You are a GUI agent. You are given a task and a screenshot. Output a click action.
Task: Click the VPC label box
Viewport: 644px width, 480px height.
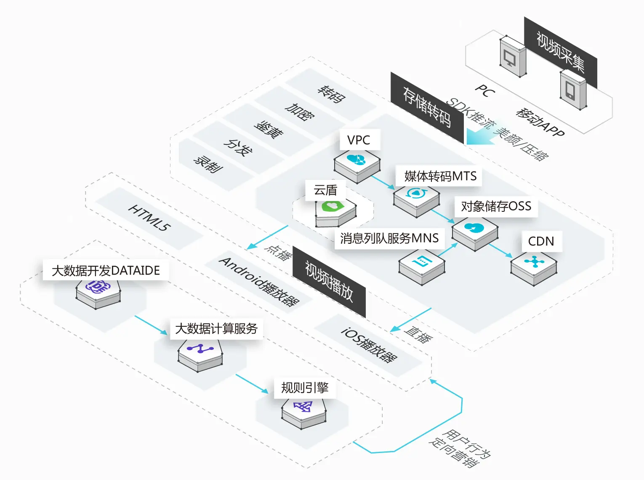point(359,140)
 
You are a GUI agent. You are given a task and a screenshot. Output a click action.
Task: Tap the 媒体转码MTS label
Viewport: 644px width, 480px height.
point(440,176)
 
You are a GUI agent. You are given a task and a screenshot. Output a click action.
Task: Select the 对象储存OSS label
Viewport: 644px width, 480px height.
point(496,206)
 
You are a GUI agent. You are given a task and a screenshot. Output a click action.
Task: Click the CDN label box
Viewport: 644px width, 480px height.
point(541,241)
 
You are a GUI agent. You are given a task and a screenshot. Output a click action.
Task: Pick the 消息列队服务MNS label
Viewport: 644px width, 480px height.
point(389,238)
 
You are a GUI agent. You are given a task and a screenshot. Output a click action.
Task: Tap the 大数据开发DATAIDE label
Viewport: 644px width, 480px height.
point(106,270)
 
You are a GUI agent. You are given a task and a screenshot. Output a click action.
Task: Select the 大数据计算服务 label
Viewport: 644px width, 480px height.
point(216,328)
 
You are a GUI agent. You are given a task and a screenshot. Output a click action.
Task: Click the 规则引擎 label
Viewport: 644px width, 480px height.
point(305,387)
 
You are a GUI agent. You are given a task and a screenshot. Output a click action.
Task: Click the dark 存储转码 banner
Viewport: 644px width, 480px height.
point(427,107)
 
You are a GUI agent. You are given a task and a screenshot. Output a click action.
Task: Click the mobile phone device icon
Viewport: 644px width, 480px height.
point(572,90)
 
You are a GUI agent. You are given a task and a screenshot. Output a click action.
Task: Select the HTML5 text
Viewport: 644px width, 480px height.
point(149,217)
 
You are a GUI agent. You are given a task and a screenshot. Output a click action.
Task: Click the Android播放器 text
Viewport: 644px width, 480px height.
point(259,281)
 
